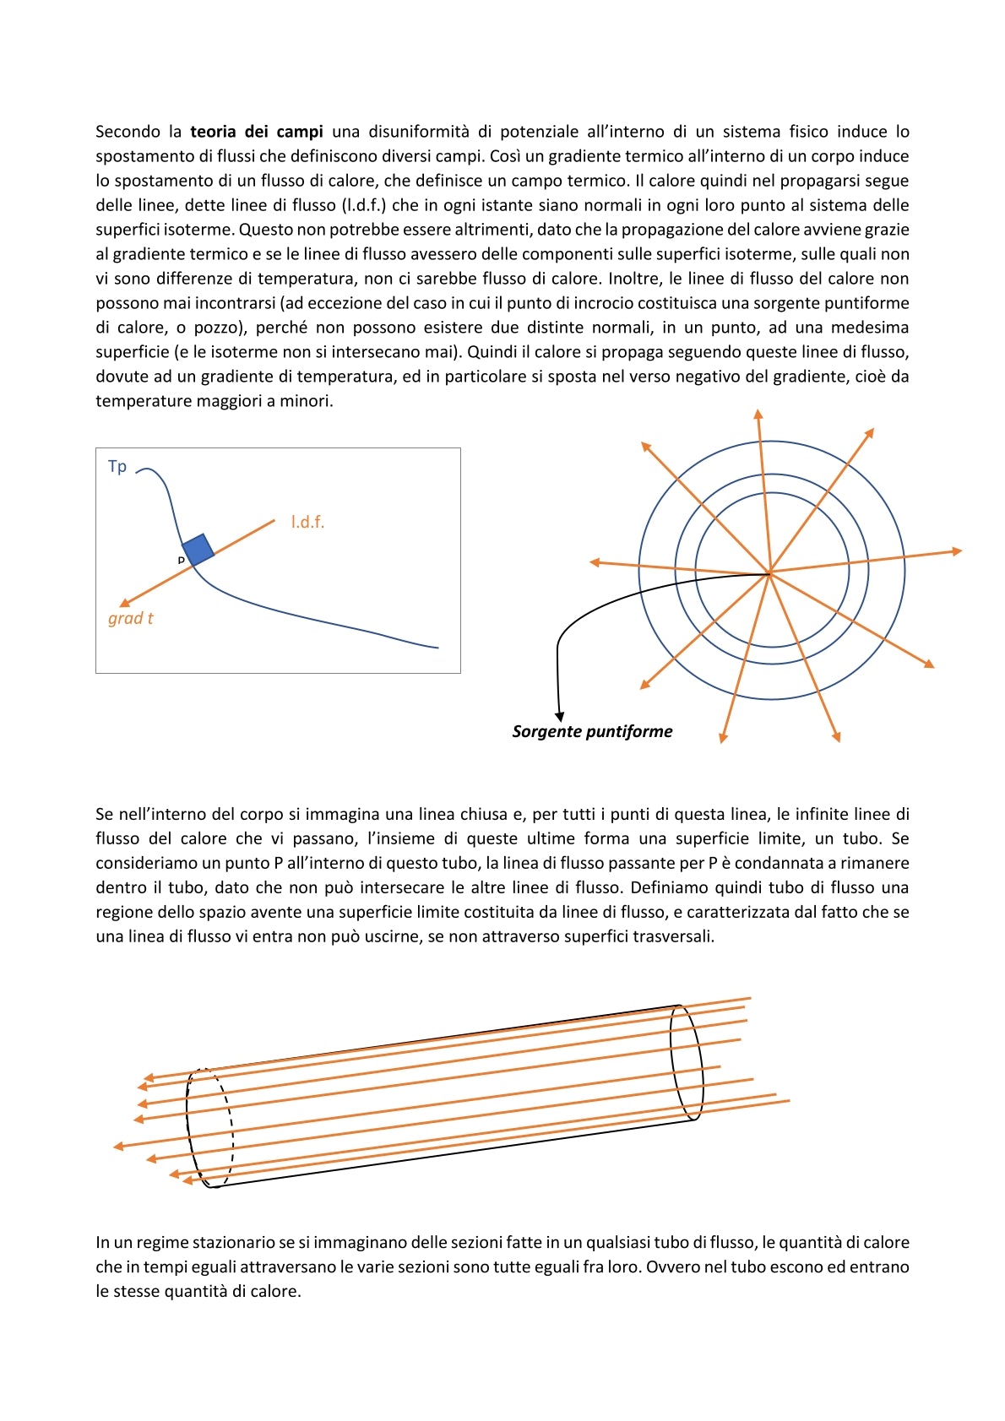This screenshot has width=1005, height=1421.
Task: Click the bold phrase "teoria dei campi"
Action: tap(256, 132)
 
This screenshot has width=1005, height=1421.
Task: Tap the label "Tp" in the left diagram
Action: tap(117, 466)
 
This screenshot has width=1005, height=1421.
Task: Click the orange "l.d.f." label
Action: tap(307, 523)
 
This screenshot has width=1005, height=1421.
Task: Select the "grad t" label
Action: tap(130, 618)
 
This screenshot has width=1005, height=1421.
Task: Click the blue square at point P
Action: tap(198, 550)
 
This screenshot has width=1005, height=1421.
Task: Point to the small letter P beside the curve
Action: tap(181, 560)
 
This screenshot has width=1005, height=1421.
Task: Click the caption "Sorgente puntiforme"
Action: tap(592, 731)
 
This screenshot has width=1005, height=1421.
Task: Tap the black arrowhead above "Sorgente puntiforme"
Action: tap(559, 716)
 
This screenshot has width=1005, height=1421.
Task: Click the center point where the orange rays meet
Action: tap(770, 574)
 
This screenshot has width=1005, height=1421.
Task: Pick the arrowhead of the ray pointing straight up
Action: tap(758, 414)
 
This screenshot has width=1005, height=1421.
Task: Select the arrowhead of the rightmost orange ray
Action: tap(957, 551)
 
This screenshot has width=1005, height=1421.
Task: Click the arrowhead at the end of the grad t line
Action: tap(124, 603)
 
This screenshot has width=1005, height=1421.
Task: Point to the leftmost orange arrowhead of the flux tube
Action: tap(118, 1147)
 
